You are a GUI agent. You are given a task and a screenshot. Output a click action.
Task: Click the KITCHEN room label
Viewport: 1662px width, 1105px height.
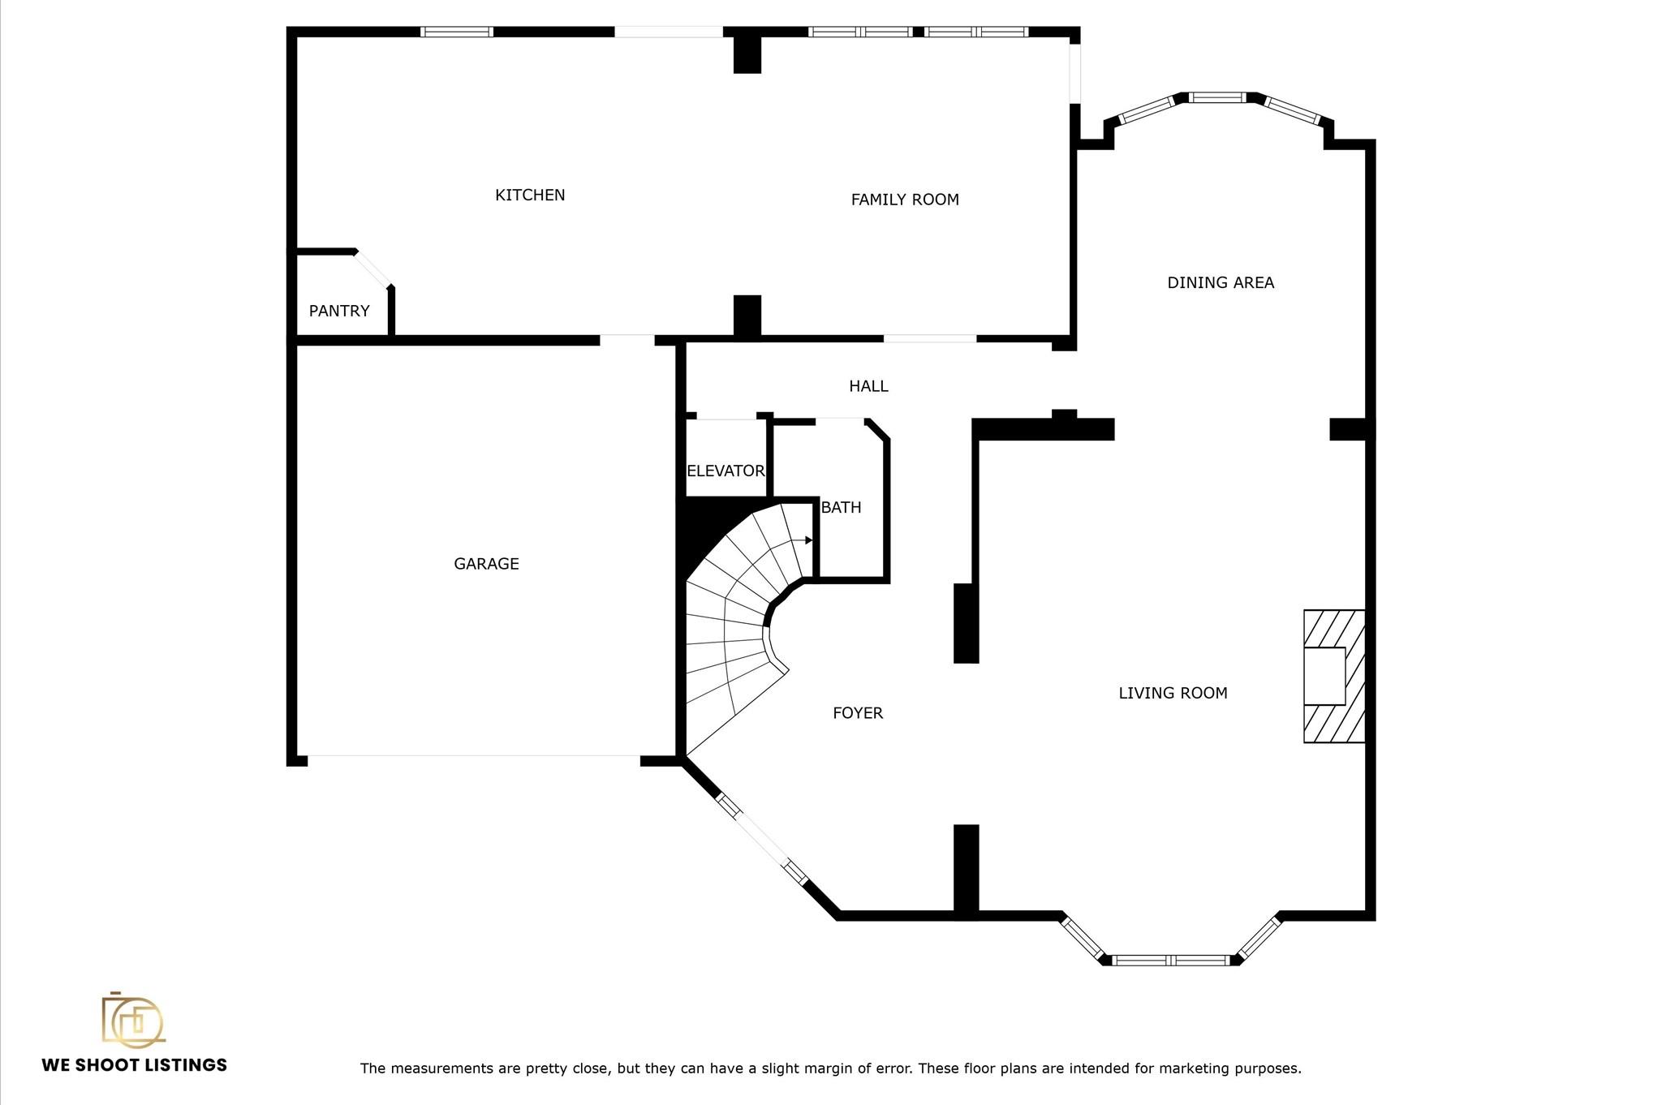tap(530, 195)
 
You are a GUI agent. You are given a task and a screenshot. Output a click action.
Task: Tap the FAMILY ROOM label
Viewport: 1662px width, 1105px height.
tap(904, 200)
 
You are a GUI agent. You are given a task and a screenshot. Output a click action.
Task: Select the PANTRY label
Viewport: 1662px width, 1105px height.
tap(339, 311)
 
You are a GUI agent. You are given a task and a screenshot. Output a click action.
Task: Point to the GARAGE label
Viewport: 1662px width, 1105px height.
tap(486, 564)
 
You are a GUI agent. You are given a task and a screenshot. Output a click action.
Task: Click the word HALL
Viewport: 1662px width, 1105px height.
tap(868, 386)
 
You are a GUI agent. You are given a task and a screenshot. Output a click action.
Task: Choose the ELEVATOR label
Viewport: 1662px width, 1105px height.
tap(725, 471)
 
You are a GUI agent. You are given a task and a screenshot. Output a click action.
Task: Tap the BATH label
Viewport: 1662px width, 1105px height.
tap(841, 508)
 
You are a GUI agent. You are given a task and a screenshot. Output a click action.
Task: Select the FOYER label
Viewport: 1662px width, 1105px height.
tap(858, 713)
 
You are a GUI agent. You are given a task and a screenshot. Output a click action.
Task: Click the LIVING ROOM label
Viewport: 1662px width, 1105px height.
tap(1173, 693)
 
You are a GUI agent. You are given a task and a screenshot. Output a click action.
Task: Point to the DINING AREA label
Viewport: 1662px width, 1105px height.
tap(1221, 283)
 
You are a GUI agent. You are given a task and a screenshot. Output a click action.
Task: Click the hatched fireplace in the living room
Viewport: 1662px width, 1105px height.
tap(1333, 676)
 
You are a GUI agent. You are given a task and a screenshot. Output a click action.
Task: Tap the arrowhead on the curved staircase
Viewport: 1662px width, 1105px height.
tap(808, 540)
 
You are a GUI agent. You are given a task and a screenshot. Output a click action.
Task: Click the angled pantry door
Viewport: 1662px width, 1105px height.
tap(373, 269)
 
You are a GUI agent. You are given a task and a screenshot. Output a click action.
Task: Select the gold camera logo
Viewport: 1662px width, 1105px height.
tap(132, 1019)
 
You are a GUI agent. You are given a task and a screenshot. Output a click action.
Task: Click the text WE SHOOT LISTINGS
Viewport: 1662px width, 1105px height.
tap(135, 1065)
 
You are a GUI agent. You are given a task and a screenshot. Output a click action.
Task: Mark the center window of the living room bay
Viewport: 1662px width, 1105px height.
tap(1170, 961)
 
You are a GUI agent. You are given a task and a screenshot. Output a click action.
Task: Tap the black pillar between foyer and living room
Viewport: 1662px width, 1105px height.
tap(966, 623)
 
